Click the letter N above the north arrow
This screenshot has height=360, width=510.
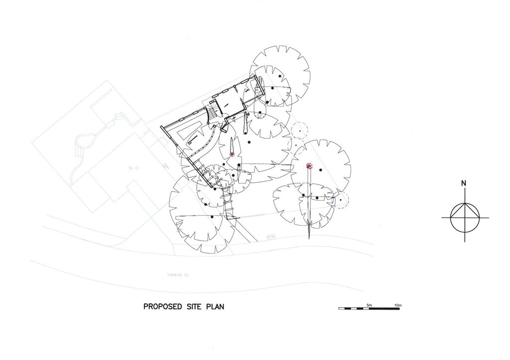click(x=464, y=184)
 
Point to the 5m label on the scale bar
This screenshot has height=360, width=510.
click(x=369, y=304)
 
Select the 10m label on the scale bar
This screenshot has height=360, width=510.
click(x=398, y=304)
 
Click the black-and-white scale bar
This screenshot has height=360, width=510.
click(x=369, y=309)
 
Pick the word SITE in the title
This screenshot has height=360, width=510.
click(x=193, y=307)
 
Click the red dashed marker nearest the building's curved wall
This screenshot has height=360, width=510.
click(x=232, y=155)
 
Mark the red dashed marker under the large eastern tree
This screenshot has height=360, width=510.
click(x=309, y=166)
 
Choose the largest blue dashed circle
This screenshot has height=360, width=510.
click(x=300, y=130)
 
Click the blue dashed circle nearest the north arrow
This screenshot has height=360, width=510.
click(x=341, y=200)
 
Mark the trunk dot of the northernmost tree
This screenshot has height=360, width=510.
click(x=280, y=76)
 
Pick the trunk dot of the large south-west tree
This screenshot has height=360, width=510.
click(x=212, y=217)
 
